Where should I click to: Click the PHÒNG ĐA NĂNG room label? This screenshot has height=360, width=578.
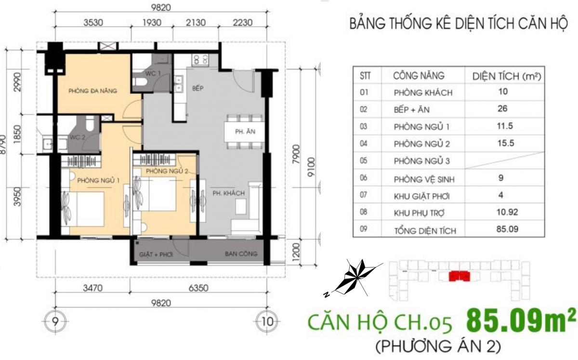point(92,91)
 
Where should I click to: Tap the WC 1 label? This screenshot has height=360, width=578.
point(153,74)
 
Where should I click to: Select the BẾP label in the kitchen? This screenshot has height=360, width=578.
point(197,88)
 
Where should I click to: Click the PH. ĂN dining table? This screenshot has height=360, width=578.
point(244,131)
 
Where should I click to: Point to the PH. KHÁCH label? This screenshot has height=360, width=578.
point(229,193)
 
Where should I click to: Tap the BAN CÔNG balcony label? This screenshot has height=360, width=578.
point(241,253)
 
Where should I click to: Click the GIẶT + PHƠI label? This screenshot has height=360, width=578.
point(156,254)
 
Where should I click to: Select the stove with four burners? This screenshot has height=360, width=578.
point(200,60)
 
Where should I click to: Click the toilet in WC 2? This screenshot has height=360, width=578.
point(90,123)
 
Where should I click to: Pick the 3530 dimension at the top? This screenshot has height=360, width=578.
point(93,23)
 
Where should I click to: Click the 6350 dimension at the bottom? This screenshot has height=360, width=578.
point(198,288)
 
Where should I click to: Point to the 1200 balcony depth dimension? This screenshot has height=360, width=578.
point(297,252)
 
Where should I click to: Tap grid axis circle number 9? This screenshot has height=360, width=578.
point(55,321)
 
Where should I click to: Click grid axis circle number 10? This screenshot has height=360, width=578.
point(267,321)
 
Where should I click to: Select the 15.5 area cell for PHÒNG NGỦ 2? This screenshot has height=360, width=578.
point(505,143)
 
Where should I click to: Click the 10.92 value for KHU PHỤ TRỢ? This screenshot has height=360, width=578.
point(507,212)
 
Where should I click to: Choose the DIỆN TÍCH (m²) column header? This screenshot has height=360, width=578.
point(507,77)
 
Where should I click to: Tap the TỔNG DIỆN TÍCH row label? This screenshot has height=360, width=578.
point(425,231)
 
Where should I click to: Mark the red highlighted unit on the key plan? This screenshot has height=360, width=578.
point(460,276)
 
